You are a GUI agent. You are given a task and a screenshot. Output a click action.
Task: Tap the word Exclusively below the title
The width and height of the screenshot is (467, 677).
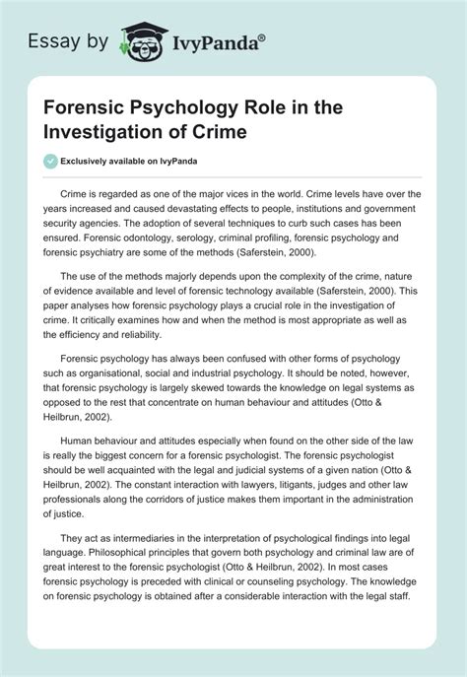pos(97,162)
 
